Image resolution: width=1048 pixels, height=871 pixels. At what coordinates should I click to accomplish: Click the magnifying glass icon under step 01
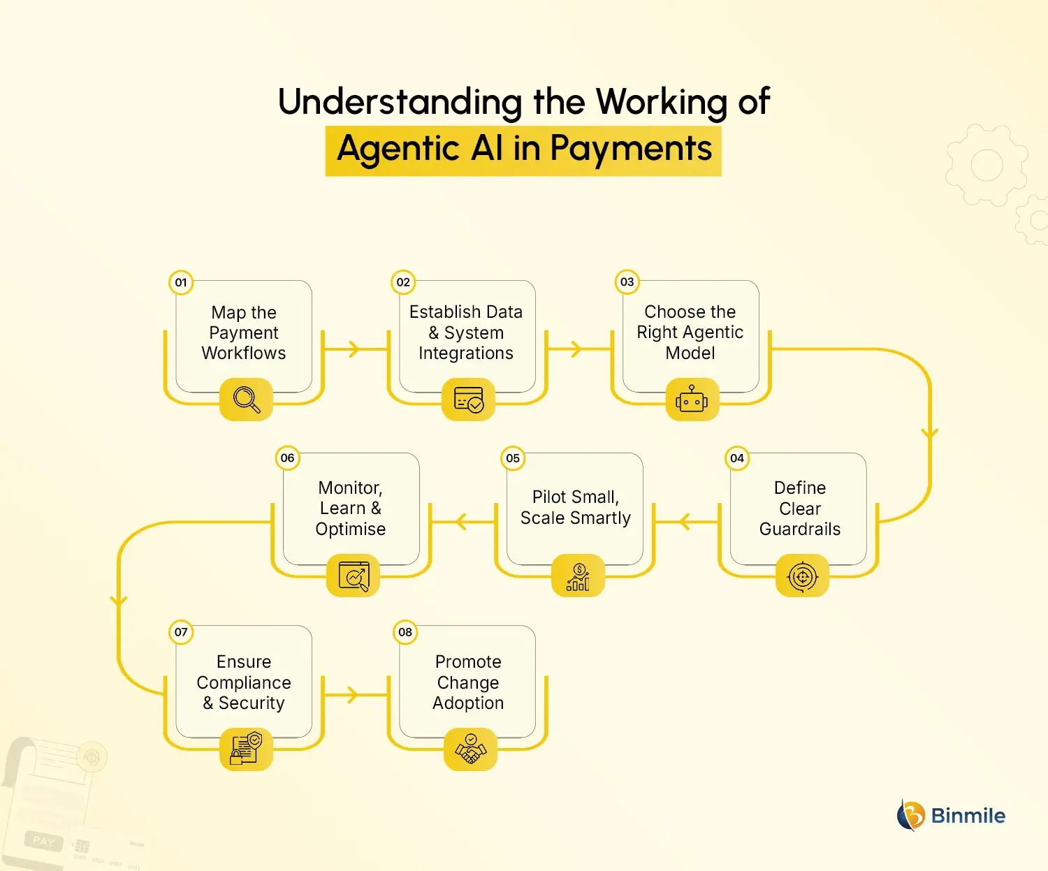point(246,400)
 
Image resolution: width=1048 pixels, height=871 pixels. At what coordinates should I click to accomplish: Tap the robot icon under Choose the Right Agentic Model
point(692,400)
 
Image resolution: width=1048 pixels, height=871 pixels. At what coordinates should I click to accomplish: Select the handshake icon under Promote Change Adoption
point(470,749)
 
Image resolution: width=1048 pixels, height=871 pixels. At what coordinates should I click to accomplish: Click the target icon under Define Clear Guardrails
point(802,576)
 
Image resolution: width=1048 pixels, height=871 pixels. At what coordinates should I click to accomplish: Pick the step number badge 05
point(513,458)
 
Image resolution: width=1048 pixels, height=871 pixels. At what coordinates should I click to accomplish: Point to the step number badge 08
point(405,632)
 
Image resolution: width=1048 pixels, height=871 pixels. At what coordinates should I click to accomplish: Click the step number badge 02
point(403,282)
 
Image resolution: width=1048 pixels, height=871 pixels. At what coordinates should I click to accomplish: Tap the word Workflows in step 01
point(244,353)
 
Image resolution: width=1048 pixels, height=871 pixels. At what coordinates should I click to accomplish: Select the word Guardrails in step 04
point(800,529)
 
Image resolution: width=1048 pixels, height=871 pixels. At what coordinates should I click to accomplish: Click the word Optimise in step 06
point(350,529)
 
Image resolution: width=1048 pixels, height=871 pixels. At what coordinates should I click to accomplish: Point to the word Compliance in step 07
point(244,682)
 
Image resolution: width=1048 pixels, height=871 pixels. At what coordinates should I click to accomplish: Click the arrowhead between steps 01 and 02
point(354,349)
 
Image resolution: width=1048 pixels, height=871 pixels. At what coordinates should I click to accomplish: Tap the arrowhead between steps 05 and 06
point(460,521)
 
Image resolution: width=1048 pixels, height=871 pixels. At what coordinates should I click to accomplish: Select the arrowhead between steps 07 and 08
point(353,694)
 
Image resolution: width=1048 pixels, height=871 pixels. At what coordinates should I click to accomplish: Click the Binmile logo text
point(968,816)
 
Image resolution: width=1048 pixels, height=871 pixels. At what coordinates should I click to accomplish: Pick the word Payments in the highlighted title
point(630,149)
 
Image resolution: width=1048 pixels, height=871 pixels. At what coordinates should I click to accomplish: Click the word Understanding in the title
point(400,102)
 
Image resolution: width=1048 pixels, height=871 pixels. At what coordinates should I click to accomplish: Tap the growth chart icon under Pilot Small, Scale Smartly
point(578,577)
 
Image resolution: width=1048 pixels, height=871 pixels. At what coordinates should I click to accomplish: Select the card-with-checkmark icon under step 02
point(469,400)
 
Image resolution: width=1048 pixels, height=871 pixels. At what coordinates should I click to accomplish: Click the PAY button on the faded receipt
point(43,841)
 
